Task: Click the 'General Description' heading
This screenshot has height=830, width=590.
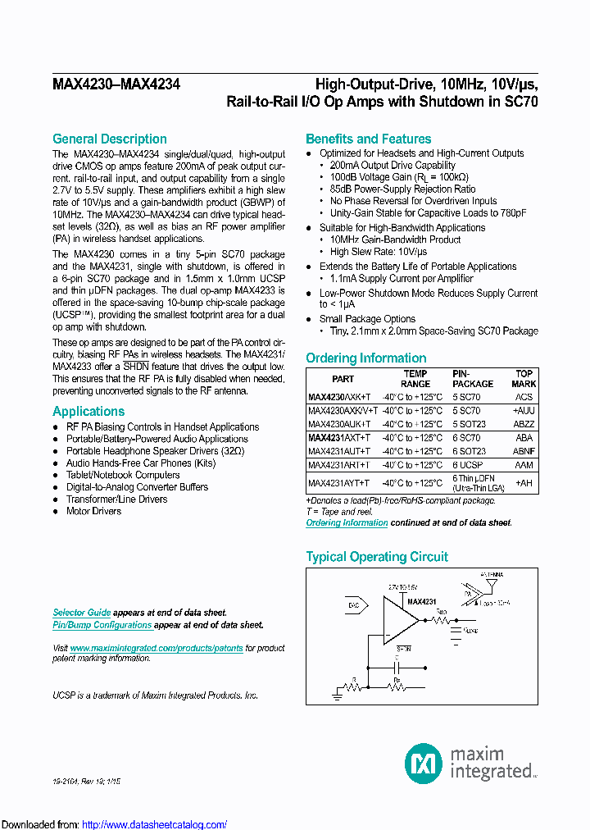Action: click(x=110, y=139)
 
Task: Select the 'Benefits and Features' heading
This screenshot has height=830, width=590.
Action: click(x=368, y=139)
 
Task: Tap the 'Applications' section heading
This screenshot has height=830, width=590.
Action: click(x=88, y=411)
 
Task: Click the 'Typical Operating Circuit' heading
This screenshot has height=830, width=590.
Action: click(x=377, y=556)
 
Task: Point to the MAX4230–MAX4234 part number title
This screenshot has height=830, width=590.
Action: click(x=116, y=84)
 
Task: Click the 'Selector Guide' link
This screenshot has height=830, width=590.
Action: click(x=81, y=613)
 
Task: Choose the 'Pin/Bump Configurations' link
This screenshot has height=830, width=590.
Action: click(x=102, y=625)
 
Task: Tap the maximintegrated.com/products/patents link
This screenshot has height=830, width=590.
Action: click(x=157, y=648)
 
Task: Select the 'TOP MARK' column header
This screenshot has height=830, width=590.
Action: click(x=524, y=378)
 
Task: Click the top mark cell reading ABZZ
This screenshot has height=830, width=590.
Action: click(x=524, y=424)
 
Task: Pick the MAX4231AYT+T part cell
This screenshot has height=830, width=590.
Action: click(x=338, y=484)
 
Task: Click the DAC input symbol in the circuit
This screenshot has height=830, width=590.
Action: click(x=353, y=604)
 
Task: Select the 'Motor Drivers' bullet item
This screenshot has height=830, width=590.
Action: click(x=93, y=511)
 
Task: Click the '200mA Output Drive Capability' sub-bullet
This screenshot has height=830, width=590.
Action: click(x=393, y=165)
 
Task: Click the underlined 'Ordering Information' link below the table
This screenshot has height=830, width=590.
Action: click(x=347, y=522)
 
